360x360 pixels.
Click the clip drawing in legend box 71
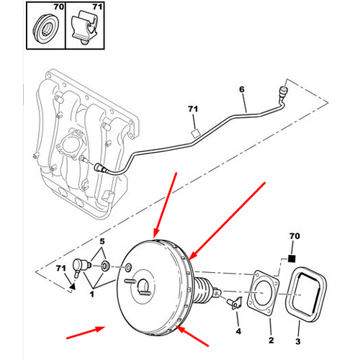click(x=85, y=30)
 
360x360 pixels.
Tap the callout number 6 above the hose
click(x=242, y=89)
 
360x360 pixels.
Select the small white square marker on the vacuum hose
click(x=195, y=133)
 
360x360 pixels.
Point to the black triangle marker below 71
click(x=73, y=286)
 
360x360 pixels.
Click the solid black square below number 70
click(x=292, y=258)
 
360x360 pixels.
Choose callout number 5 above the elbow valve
click(x=102, y=241)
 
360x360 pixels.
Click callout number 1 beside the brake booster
click(x=92, y=294)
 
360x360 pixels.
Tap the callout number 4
click(x=238, y=331)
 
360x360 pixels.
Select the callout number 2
click(x=271, y=340)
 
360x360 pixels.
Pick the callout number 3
click(x=298, y=341)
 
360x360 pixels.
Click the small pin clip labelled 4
click(x=235, y=303)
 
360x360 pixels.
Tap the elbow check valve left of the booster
click(x=81, y=267)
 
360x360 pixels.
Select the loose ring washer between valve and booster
click(x=106, y=266)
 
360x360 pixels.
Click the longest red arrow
click(x=227, y=221)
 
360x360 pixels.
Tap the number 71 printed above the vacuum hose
click(x=193, y=109)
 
